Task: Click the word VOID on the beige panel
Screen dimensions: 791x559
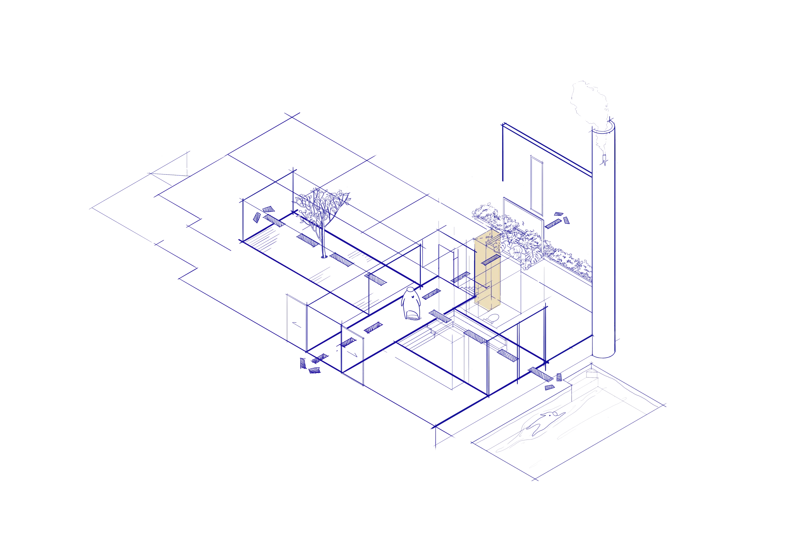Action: [489, 237]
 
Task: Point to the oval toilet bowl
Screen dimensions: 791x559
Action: [494, 317]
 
